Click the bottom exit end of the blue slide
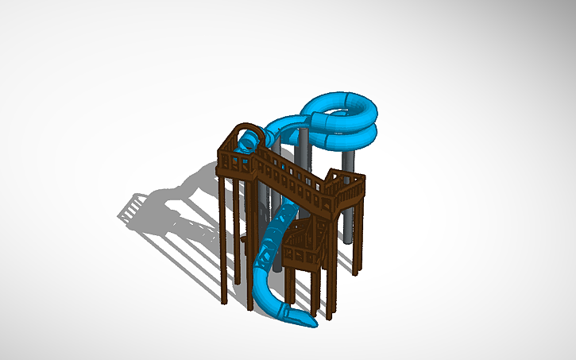[x=306, y=320]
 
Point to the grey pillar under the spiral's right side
[x=346, y=199]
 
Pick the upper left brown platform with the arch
[x=238, y=155]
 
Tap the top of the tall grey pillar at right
[x=347, y=156]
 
